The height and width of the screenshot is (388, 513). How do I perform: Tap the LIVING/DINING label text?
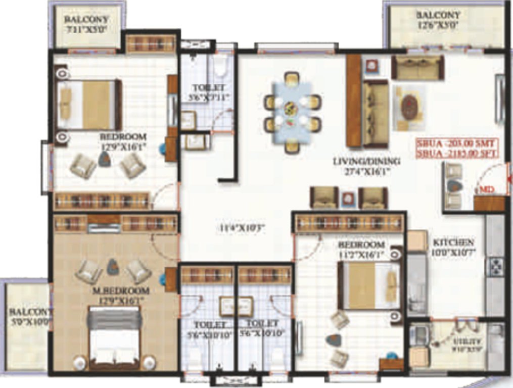coord(366,162)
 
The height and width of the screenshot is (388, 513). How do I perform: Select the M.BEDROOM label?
coord(121,291)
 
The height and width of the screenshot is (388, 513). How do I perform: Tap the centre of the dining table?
coord(291,108)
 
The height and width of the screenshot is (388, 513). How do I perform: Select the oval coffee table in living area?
coord(409,108)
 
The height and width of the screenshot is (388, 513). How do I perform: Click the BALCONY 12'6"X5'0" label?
coord(438,20)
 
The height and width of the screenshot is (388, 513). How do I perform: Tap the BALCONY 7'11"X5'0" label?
coord(87,24)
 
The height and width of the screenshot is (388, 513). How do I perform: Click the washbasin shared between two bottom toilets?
coord(236,306)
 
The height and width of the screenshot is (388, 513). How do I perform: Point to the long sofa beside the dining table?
coord(375,113)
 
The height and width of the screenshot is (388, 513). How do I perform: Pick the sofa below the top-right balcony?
coord(417,68)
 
